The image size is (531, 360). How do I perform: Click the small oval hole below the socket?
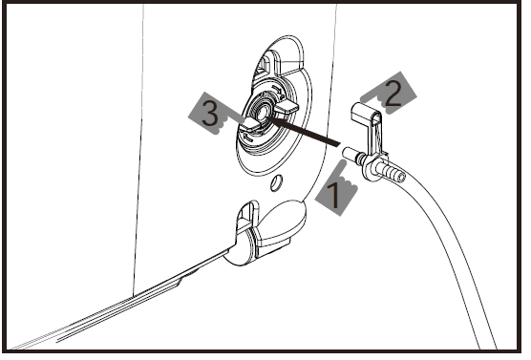pos(276,180)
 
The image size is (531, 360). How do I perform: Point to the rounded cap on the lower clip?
pos(283,228)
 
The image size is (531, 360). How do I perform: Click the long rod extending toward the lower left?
pos(143,297)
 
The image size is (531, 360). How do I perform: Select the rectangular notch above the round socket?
pos(265,65)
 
